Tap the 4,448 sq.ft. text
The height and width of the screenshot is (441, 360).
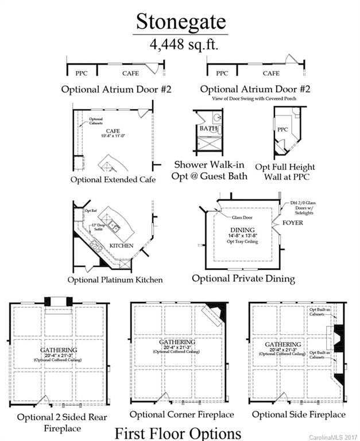tap(180, 43)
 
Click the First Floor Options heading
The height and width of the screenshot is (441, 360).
tap(177, 432)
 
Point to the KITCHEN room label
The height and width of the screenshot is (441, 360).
tap(121, 246)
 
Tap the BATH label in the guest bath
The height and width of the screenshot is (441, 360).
tap(208, 129)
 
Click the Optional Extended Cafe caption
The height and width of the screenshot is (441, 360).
tap(113, 180)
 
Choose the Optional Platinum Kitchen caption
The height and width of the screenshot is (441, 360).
tap(115, 280)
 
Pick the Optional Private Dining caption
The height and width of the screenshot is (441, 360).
tap(243, 278)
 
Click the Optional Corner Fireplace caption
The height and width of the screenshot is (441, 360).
tap(181, 414)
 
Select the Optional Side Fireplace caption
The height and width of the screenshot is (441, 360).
tap(299, 414)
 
